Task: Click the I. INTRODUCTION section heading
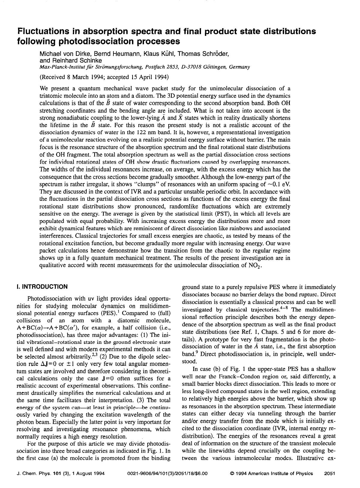click(x=42, y=287)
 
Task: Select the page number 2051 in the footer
click(x=329, y=474)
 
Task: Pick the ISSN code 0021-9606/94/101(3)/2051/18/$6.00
click(x=167, y=474)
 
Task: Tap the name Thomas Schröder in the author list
click(x=203, y=54)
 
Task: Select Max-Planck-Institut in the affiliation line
click(x=60, y=67)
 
